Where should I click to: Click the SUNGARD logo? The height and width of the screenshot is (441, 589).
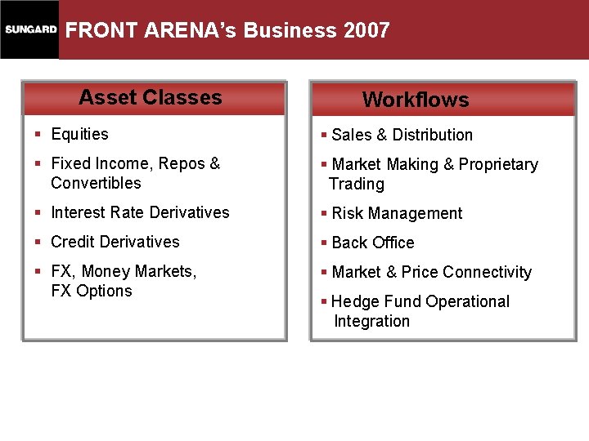point(30,30)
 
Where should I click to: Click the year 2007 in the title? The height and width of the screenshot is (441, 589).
point(367,31)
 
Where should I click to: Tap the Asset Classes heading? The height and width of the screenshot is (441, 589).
point(151,97)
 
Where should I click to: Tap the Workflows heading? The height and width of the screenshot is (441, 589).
point(416,100)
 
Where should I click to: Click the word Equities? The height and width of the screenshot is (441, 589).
point(79,134)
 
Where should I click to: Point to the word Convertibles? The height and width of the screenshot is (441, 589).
point(96,183)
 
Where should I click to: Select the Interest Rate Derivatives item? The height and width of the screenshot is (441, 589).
point(140,212)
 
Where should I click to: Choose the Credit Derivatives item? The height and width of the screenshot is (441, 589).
point(115,242)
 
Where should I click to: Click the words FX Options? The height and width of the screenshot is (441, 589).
point(92,291)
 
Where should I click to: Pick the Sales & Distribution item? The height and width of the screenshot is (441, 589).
point(402,135)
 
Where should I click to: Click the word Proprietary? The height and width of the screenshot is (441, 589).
point(498,164)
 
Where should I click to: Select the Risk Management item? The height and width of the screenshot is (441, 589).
point(397,213)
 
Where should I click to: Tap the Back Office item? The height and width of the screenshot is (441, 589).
point(373,243)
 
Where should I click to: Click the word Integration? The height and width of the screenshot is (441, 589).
point(371,321)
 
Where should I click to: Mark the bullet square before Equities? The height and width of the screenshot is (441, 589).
point(38,135)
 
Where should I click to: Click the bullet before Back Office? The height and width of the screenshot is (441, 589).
point(325,243)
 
